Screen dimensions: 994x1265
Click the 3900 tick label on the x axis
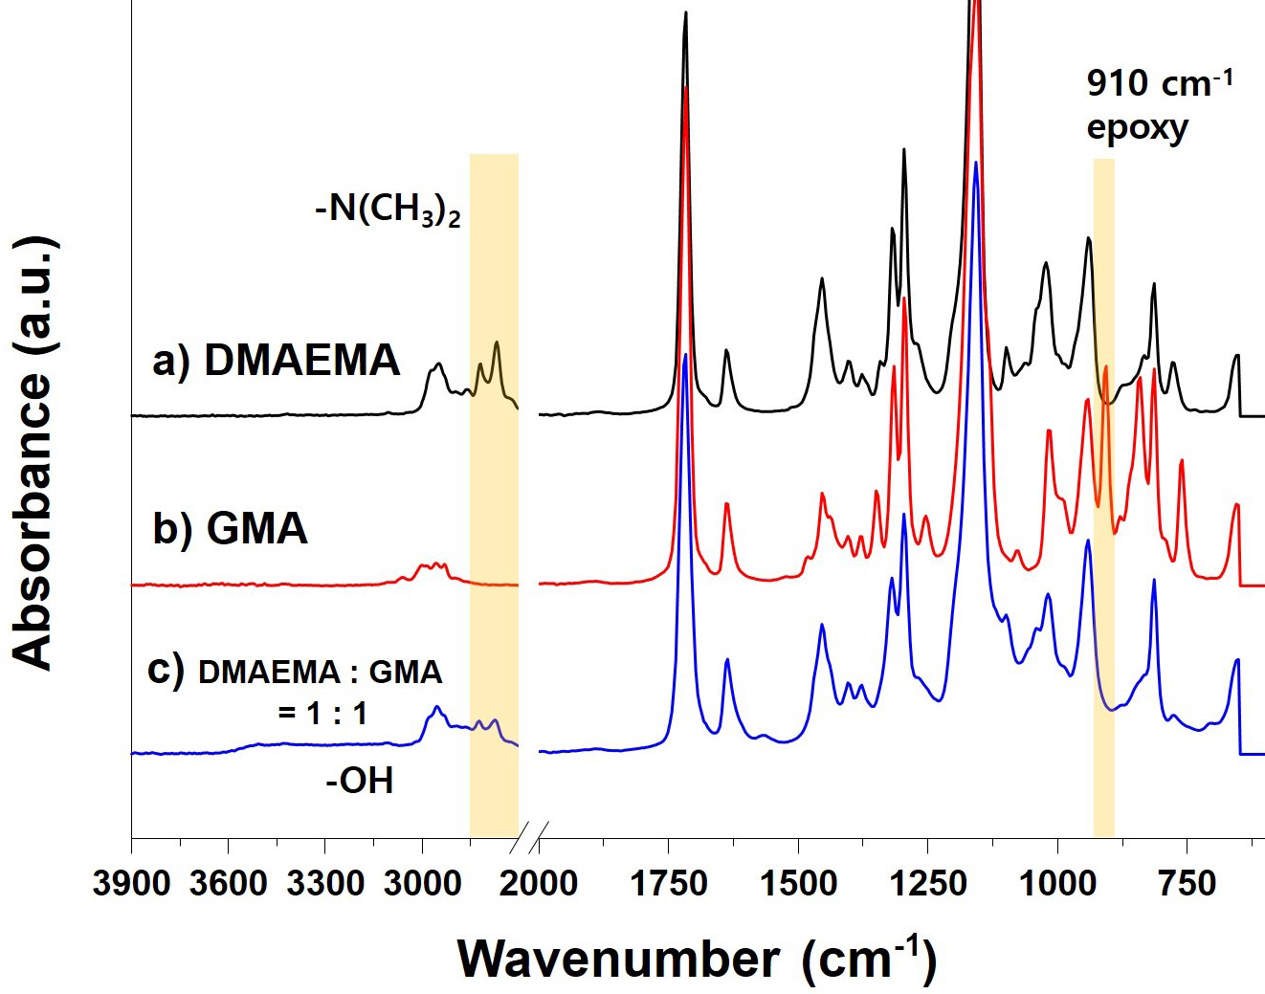[131, 882]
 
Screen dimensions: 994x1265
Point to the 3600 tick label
[228, 882]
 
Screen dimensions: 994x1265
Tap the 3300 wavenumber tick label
[325, 882]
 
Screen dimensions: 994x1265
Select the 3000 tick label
[422, 882]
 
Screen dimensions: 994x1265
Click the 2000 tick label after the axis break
[539, 882]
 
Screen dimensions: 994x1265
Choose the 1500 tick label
[798, 882]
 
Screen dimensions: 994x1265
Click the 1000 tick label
[1057, 882]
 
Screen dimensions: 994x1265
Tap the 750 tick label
[1187, 882]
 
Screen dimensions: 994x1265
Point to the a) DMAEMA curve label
[276, 361]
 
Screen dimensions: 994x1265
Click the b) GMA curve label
[230, 528]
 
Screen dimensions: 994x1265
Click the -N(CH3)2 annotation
[388, 209]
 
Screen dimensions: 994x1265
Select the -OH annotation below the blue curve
[360, 781]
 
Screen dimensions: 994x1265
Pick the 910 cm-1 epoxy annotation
[1158, 104]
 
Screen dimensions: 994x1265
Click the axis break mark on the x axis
[529, 838]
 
